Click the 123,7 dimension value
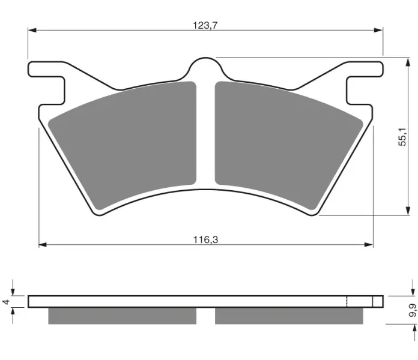click(x=205, y=26)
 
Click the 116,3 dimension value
click(x=205, y=240)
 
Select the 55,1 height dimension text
click(x=402, y=137)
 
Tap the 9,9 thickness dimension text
click(x=413, y=310)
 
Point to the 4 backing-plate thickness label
click(x=6, y=302)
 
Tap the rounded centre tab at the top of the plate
click(x=205, y=67)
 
